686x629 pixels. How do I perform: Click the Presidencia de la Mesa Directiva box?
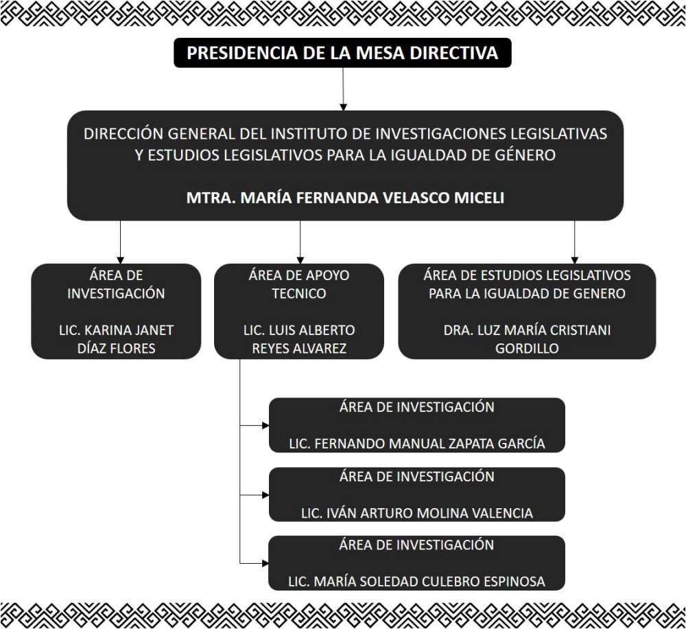click(342, 53)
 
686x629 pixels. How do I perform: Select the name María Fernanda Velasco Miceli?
click(345, 198)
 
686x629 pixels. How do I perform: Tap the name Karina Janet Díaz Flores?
click(116, 339)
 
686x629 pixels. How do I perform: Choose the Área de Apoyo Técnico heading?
click(298, 284)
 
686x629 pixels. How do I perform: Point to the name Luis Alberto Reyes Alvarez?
click(298, 339)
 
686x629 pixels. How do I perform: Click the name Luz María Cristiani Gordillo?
click(527, 339)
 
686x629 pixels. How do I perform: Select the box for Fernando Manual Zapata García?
click(416, 425)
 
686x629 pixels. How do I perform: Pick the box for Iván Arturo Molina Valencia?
click(416, 494)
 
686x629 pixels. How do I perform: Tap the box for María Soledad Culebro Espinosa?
click(416, 563)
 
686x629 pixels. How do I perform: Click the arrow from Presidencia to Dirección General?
click(342, 89)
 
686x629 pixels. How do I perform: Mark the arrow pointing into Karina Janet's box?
click(120, 242)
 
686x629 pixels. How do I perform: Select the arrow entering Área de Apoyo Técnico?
click(300, 242)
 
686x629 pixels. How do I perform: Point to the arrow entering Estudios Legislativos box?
click(574, 242)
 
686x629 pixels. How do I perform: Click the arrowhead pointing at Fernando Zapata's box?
click(265, 425)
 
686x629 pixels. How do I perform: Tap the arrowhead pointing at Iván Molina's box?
click(265, 494)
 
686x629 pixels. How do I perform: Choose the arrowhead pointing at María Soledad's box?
click(265, 563)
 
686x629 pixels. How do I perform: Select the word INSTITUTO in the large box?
click(312, 133)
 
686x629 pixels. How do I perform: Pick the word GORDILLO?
click(527, 348)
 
